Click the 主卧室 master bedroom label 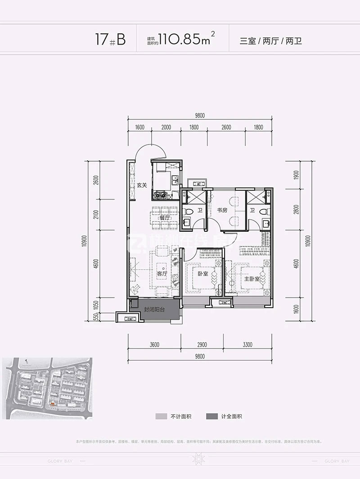tap(252, 279)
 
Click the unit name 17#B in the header tap(110, 40)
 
